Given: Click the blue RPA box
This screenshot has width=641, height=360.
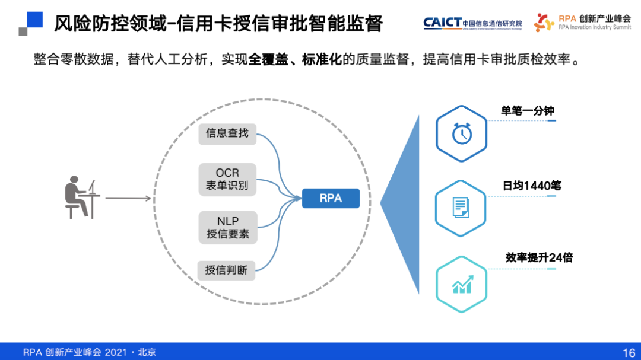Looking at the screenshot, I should coord(331,198).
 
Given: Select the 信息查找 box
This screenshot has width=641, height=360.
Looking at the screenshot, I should coord(227,133).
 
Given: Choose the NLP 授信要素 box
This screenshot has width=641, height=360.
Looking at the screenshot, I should coord(227,228).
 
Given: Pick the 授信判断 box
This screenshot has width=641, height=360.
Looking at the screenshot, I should coord(226,270).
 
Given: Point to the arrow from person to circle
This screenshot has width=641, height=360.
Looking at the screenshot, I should coord(127,198).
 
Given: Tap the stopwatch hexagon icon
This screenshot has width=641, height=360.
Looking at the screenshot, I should coord(461,133).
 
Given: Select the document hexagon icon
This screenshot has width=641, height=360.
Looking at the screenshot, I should coord(461,208).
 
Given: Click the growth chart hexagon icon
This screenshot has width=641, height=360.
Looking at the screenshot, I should coord(461,284).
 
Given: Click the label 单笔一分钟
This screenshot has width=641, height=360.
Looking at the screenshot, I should coord(528,111).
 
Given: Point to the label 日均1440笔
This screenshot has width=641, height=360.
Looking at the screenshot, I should coord(532,186).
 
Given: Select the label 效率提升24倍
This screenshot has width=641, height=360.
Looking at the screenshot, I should coord(539,257).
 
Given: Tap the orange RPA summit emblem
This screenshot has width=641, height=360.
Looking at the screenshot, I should coord(543,23).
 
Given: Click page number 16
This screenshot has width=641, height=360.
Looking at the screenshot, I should coord(629,352).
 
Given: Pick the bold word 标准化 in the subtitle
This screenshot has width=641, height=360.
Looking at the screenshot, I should coord(322,60).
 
